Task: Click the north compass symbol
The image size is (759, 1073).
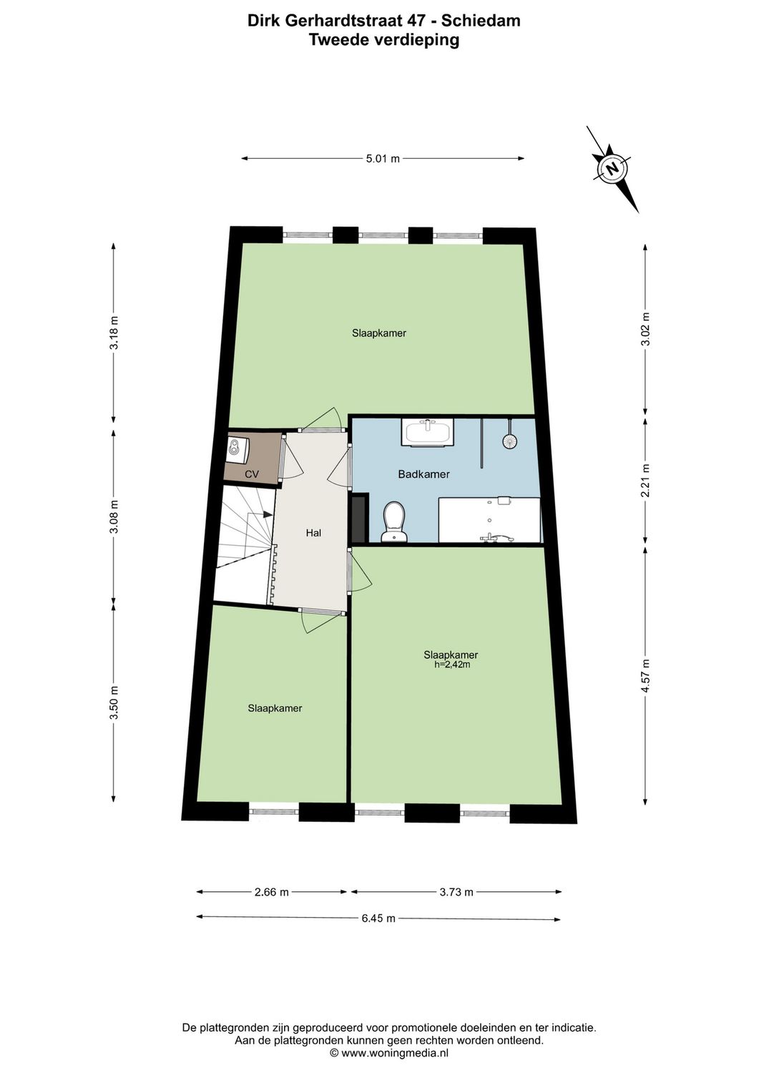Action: (612, 169)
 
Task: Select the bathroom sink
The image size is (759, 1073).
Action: (429, 432)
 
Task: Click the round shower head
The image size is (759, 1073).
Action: (509, 441)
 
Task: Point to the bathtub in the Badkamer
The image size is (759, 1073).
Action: (489, 520)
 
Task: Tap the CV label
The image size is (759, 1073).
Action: (252, 474)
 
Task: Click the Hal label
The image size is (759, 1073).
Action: (313, 533)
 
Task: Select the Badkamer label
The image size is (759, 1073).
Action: (423, 474)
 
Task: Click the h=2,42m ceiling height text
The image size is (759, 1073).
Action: (452, 665)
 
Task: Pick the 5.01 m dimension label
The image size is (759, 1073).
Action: (383, 159)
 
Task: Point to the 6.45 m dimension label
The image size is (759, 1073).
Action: (378, 918)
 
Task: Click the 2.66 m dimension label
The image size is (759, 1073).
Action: (272, 892)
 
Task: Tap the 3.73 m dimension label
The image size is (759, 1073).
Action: (456, 892)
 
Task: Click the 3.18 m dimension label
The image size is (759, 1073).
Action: (113, 333)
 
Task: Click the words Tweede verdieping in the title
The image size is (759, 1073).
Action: (383, 40)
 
